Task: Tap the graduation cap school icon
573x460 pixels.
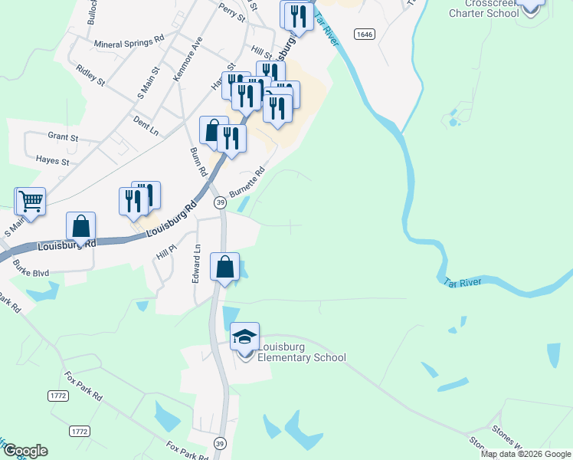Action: click(245, 337)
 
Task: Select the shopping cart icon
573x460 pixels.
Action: click(31, 202)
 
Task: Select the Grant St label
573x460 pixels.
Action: click(63, 137)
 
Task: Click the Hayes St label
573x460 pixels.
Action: click(52, 162)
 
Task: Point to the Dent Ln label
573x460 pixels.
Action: click(145, 126)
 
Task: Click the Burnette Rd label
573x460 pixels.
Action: click(247, 182)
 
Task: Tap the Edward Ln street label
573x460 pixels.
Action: click(197, 262)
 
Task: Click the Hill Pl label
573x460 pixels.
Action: click(167, 249)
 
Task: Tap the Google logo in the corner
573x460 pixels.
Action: click(25, 451)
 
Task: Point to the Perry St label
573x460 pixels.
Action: click(231, 11)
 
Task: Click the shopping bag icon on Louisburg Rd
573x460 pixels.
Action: click(80, 227)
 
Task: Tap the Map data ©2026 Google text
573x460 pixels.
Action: click(526, 454)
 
